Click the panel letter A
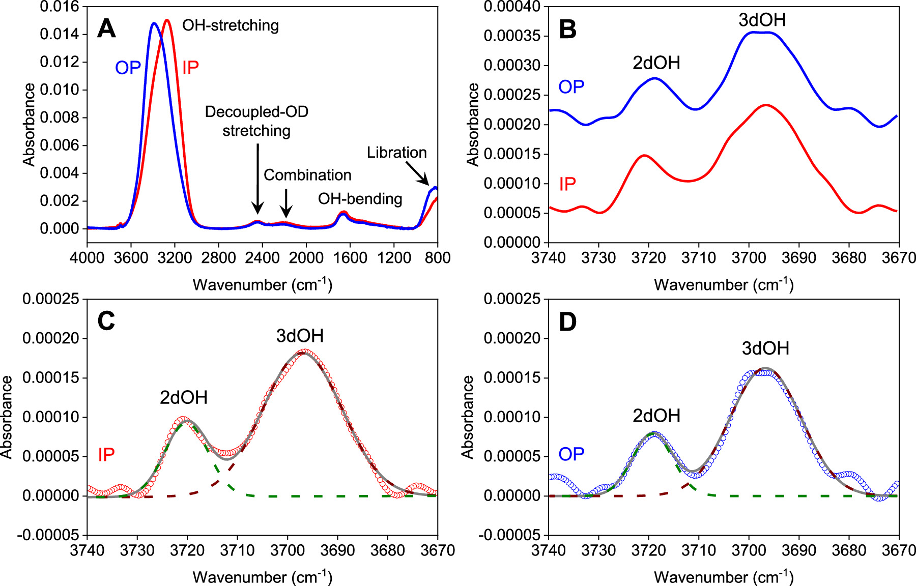pyautogui.click(x=106, y=28)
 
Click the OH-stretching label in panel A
pyautogui.click(x=231, y=25)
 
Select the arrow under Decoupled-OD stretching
pyautogui.click(x=258, y=178)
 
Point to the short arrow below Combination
pyautogui.click(x=287, y=202)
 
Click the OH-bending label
pyautogui.click(x=360, y=199)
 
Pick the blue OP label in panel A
pyautogui.click(x=128, y=68)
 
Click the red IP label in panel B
pyautogui.click(x=567, y=184)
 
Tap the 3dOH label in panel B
pyautogui.click(x=762, y=20)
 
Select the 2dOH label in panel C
pyautogui.click(x=184, y=397)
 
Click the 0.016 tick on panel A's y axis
pyautogui.click(x=59, y=7)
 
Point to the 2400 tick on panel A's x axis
pyautogui.click(x=262, y=257)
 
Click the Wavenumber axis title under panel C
pyautogui.click(x=262, y=577)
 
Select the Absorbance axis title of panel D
pyautogui.click(x=468, y=417)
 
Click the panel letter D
pyautogui.click(x=567, y=321)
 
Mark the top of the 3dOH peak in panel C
pyautogui.click(x=304, y=351)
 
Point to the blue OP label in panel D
pyautogui.click(x=571, y=454)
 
